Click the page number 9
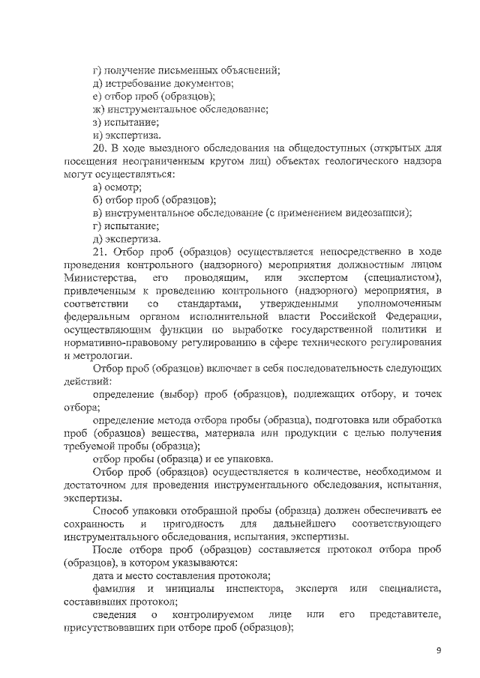(439, 650)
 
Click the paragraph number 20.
(99, 148)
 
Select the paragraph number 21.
(99, 252)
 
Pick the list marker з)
(97, 121)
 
